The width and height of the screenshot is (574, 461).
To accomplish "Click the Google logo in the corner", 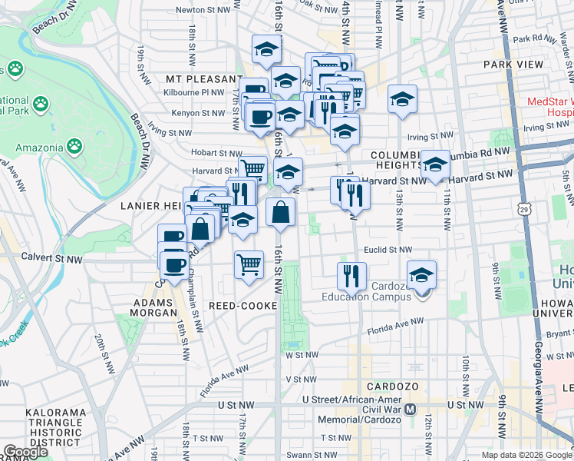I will pyautogui.click(x=26, y=452).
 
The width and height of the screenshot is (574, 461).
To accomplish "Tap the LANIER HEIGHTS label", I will pyautogui.click(x=150, y=206).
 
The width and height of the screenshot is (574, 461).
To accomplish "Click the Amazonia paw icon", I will pyautogui.click(x=74, y=145).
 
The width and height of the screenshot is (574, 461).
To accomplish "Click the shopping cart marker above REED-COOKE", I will pyautogui.click(x=249, y=264).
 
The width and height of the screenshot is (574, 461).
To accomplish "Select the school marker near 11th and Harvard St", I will pyautogui.click(x=435, y=164).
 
